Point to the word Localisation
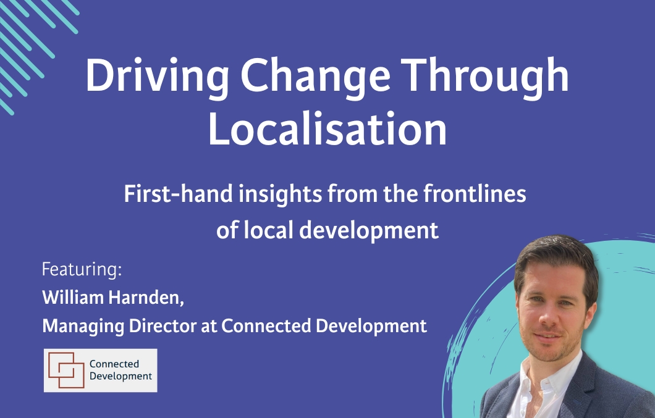[327, 128]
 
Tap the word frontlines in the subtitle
[475, 194]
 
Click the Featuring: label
[82, 269]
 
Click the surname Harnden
[146, 298]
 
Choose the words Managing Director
[119, 326]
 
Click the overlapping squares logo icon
[66, 370]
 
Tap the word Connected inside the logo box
[114, 364]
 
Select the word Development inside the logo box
[120, 376]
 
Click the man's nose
[546, 317]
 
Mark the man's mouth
[548, 336]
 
